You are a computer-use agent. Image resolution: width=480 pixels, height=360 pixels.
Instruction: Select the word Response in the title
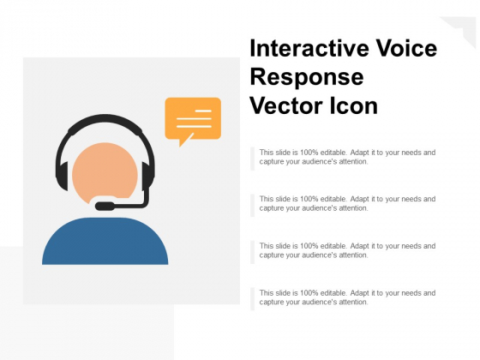pyautogui.click(x=307, y=78)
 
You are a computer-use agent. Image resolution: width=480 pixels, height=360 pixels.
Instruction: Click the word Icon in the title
pyautogui.click(x=353, y=107)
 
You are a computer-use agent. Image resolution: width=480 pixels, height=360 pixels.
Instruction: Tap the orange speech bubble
pyautogui.click(x=193, y=117)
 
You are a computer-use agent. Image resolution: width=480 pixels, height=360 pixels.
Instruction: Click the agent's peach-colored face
pyautogui.click(x=104, y=171)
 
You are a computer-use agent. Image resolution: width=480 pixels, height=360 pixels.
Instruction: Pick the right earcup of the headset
pyautogui.click(x=148, y=177)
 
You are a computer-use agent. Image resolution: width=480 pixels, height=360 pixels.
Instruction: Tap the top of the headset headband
pyautogui.click(x=105, y=120)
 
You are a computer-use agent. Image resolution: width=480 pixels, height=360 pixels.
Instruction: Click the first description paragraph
pyautogui.click(x=347, y=157)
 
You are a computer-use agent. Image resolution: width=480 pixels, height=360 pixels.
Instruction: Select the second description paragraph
pyautogui.click(x=347, y=203)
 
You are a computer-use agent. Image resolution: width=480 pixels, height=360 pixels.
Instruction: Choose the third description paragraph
pyautogui.click(x=347, y=250)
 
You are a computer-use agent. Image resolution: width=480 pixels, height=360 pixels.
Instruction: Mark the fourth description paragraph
pyautogui.click(x=347, y=297)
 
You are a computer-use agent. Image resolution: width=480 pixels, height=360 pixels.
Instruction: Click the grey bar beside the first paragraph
pyautogui.click(x=253, y=158)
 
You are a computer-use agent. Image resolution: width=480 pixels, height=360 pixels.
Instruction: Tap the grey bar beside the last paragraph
pyautogui.click(x=253, y=298)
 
